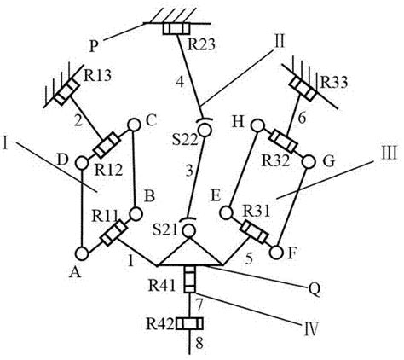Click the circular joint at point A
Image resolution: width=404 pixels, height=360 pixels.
(x=82, y=253)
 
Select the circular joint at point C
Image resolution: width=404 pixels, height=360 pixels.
(x=134, y=125)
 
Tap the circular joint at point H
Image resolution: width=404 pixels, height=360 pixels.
(x=257, y=125)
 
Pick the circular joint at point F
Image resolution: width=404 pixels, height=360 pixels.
(x=275, y=253)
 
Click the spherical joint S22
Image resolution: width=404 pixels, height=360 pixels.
(x=205, y=128)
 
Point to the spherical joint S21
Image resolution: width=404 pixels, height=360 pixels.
(x=188, y=228)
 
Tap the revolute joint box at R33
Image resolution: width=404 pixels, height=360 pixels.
(x=303, y=89)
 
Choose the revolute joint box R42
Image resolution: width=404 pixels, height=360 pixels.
(x=189, y=323)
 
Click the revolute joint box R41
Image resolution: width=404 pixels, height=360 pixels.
(x=189, y=279)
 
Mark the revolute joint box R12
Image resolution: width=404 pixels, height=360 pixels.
(x=107, y=145)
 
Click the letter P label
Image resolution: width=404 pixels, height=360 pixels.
(x=94, y=46)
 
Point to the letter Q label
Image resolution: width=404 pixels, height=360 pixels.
(x=315, y=289)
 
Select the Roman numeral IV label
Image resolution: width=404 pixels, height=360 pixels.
(x=310, y=329)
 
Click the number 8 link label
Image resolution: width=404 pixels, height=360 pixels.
(x=199, y=343)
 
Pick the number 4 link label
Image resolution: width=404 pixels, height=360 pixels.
(x=180, y=83)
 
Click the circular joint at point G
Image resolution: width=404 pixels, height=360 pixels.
(x=309, y=162)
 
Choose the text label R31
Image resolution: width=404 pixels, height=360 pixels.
(x=257, y=211)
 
